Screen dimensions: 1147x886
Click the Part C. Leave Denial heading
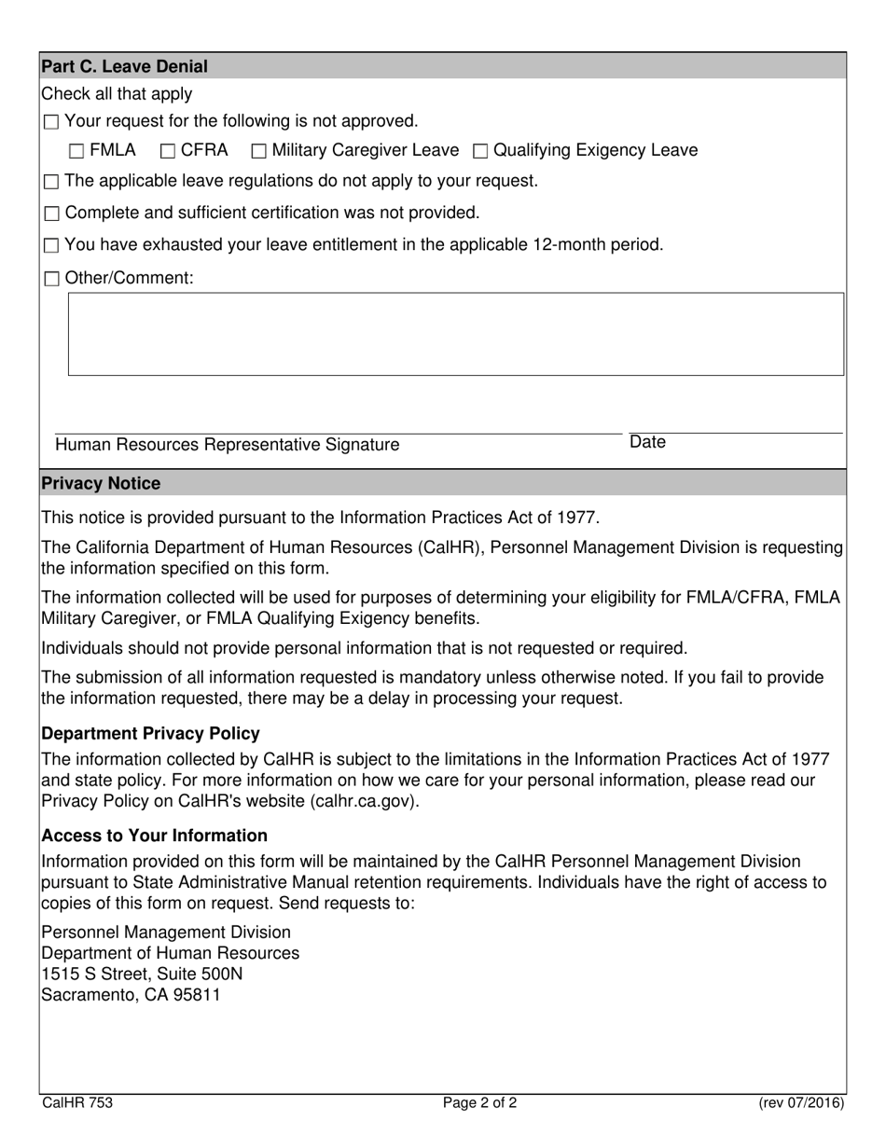[124, 66]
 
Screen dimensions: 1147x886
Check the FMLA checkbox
[76, 151]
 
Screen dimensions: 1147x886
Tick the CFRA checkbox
[168, 151]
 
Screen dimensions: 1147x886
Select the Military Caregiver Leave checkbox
[259, 151]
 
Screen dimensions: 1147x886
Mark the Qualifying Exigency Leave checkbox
[481, 151]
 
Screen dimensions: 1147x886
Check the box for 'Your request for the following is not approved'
[51, 122]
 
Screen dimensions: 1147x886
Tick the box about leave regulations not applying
[51, 182]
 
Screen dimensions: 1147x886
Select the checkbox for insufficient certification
[51, 214]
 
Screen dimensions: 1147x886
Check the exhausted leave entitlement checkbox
[51, 246]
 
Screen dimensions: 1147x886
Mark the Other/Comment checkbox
[51, 279]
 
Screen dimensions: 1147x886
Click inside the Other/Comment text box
[456, 334]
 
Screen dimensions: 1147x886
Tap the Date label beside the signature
[647, 442]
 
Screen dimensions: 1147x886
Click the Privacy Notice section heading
[101, 483]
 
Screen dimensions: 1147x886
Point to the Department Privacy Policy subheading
[151, 733]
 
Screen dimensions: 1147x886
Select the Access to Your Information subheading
[155, 836]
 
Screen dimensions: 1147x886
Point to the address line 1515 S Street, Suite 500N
[143, 974]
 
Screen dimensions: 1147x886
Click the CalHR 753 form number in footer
[77, 1103]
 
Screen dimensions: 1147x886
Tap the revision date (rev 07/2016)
[800, 1103]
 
